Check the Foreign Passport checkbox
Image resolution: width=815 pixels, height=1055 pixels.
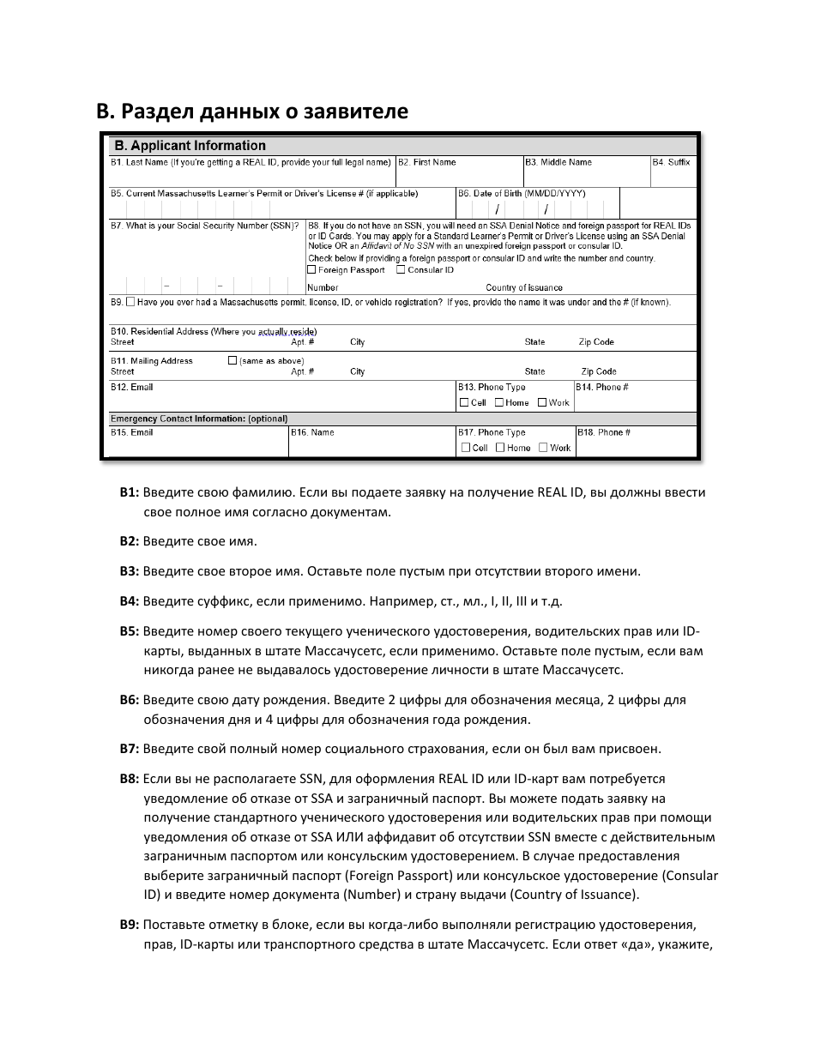(x=311, y=270)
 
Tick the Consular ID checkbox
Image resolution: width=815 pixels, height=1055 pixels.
(x=401, y=270)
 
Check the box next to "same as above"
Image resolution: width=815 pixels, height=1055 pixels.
(x=232, y=361)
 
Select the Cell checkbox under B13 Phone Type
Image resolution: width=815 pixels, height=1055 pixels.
(x=464, y=402)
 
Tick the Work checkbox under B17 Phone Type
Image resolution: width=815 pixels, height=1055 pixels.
(x=543, y=448)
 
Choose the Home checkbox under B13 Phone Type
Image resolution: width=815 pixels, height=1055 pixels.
(x=499, y=402)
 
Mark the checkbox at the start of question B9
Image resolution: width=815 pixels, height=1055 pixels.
(x=130, y=302)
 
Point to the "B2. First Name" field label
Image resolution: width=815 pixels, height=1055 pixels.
(x=426, y=162)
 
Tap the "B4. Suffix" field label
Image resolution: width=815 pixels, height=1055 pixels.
(x=671, y=162)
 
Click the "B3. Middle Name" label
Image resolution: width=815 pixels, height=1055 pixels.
(x=558, y=162)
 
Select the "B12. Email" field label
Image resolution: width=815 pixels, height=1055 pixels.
(x=131, y=388)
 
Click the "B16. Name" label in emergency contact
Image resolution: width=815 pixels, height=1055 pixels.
(x=312, y=432)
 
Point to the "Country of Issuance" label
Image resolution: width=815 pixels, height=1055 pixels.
(x=524, y=288)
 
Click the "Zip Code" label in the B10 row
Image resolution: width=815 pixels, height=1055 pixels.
(x=596, y=342)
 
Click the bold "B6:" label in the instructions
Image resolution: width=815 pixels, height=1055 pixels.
(x=129, y=700)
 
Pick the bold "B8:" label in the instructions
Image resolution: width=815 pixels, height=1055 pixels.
(x=129, y=779)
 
